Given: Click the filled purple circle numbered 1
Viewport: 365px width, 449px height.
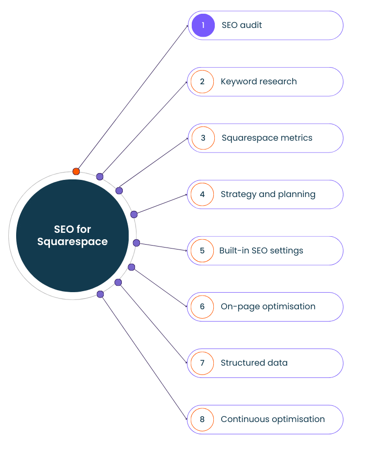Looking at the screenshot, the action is [203, 25].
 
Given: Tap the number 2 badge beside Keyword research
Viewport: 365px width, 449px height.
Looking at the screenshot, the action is [202, 81].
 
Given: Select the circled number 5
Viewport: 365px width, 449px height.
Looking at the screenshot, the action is [202, 250].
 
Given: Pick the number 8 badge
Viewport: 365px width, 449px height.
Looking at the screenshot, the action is [202, 420].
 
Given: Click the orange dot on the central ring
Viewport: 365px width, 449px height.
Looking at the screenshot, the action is [76, 172].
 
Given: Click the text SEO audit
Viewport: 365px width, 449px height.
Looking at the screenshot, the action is [242, 25].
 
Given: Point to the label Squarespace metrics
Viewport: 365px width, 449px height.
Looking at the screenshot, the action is [267, 138].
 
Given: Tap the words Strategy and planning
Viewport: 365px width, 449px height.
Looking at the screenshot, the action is [268, 195].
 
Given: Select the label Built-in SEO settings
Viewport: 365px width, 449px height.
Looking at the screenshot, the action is [261, 250].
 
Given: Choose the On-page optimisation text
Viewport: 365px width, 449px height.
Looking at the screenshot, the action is [268, 307].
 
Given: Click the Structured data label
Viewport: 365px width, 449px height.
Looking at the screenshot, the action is [254, 363].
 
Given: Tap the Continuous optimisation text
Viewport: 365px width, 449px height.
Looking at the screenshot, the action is [273, 419].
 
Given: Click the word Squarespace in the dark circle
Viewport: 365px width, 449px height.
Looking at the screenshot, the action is [72, 242].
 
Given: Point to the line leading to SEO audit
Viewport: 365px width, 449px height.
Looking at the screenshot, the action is [133, 98].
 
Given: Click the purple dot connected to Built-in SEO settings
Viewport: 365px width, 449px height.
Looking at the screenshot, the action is [137, 243].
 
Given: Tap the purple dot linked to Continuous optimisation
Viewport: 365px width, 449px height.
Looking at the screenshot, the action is [100, 294].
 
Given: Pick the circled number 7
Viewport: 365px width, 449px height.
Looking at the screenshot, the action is [202, 363].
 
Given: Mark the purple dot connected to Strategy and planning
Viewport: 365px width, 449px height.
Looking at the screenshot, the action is [134, 214].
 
